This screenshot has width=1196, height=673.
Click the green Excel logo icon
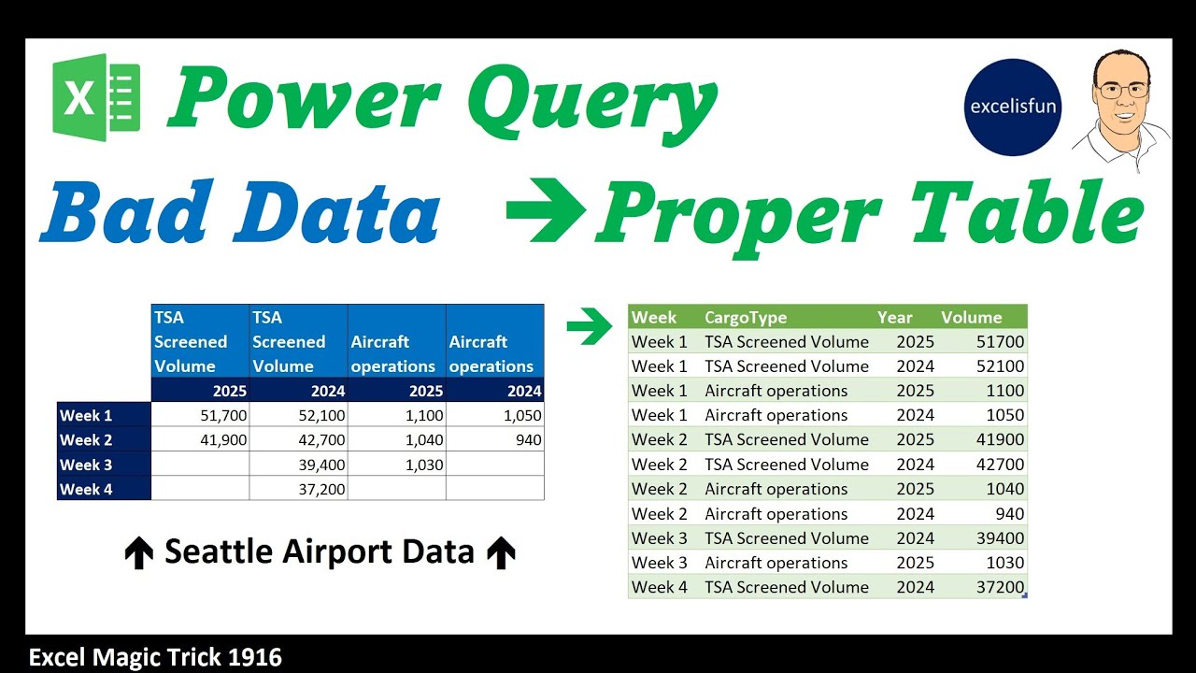coord(96,97)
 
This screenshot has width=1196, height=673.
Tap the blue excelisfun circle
coord(1013,107)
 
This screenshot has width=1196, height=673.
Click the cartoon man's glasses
coord(1121,91)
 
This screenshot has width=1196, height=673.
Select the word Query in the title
coord(592,100)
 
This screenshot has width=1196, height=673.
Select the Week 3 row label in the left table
coord(86,465)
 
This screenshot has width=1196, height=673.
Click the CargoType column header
coord(745,317)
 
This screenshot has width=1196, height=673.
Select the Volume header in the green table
coord(971,317)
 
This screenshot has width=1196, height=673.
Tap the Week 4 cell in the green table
coord(659,587)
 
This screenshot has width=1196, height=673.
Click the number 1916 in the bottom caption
coord(254,657)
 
